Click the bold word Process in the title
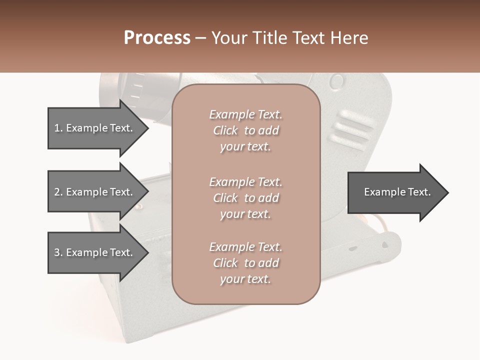point(157,38)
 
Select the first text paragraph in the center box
point(245,130)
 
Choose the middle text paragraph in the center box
point(245,197)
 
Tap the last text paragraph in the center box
point(245,263)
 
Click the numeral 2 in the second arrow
point(57,192)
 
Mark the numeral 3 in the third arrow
point(57,252)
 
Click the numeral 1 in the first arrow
point(57,128)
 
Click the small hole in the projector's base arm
point(384,245)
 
